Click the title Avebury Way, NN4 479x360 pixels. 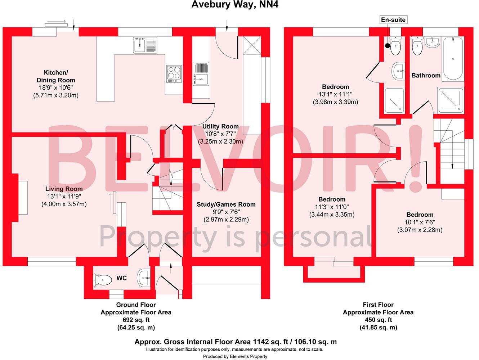tap(235, 5)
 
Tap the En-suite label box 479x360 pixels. tap(393, 20)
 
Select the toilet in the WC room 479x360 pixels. tap(103, 279)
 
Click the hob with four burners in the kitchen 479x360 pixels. tap(174, 73)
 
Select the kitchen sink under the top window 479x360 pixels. tap(145, 45)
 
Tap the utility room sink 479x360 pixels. tap(201, 74)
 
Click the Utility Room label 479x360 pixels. tap(220, 126)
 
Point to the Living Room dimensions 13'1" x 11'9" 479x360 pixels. tap(64, 197)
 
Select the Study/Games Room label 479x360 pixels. tap(226, 204)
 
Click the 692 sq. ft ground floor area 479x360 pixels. tap(136, 320)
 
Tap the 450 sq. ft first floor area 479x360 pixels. tap(378, 320)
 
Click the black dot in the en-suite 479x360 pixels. tap(388, 45)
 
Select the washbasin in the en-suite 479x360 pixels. tap(398, 71)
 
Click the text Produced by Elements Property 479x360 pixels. tap(235, 356)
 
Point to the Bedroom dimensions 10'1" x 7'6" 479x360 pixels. tap(420, 222)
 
